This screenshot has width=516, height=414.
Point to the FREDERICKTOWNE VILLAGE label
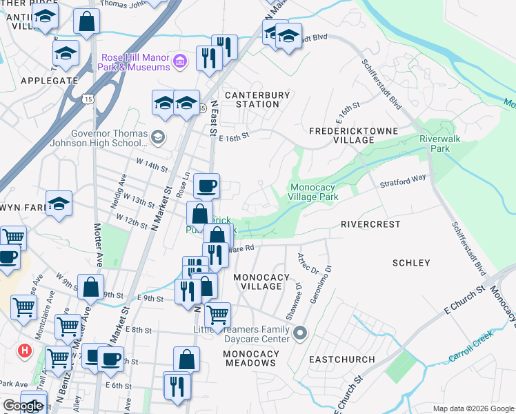click(341, 135)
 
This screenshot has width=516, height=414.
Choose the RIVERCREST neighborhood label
click(370, 224)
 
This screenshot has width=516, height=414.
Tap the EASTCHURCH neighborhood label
click(341, 359)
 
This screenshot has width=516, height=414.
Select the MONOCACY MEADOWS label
click(250, 358)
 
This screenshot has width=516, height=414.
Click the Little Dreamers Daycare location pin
click(299, 335)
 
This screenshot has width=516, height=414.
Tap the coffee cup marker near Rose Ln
click(206, 186)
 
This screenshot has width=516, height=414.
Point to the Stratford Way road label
click(403, 181)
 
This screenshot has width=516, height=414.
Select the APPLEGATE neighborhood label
click(49, 81)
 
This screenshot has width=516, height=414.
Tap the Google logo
click(23, 406)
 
